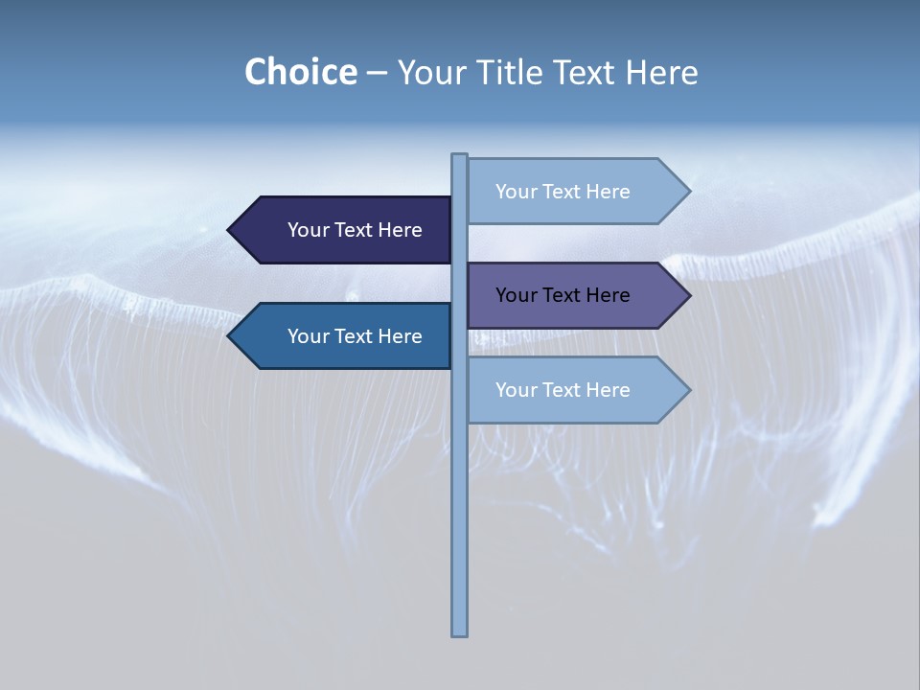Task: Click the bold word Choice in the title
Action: point(300,72)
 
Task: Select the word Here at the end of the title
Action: point(661,72)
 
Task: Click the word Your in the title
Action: point(431,72)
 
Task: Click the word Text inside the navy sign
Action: point(355,230)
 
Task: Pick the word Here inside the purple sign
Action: point(608,295)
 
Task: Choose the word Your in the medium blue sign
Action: point(309,336)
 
